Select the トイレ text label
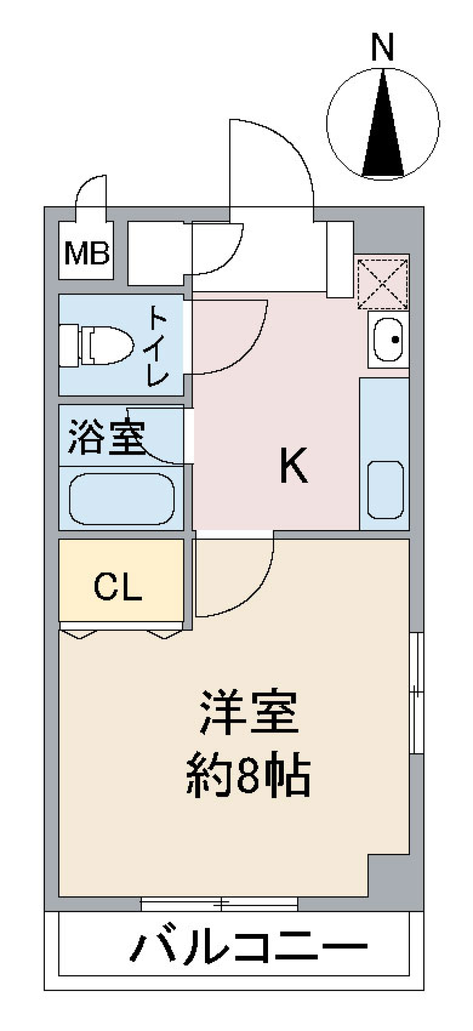(x=158, y=345)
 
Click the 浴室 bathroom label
(x=106, y=436)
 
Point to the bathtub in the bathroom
(x=122, y=499)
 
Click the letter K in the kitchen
(x=294, y=466)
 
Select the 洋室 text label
(x=249, y=713)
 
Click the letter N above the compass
(x=383, y=47)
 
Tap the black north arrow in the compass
(x=383, y=133)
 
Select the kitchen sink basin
(x=388, y=340)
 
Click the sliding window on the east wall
(x=416, y=692)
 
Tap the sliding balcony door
(x=219, y=904)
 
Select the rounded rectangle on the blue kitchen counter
(x=385, y=490)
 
